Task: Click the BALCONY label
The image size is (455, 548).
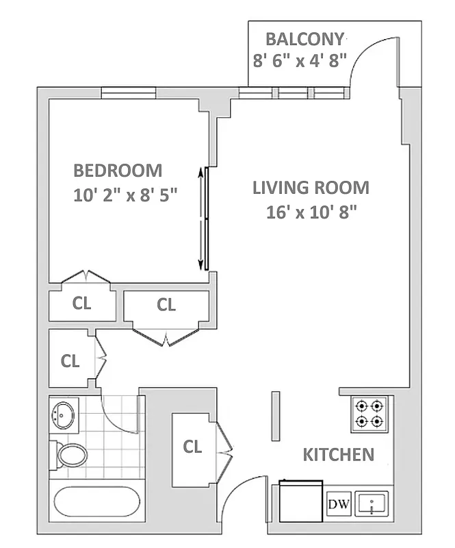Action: (305, 38)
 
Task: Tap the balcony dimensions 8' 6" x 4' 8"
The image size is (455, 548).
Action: (300, 60)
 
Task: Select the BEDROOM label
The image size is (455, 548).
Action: (118, 170)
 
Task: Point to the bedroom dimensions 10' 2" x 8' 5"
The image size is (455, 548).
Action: (125, 195)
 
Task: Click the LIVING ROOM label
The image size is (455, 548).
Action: (311, 187)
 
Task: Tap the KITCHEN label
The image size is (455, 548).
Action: (338, 454)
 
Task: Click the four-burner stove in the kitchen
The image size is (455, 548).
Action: (370, 414)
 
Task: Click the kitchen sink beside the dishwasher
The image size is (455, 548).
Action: (371, 505)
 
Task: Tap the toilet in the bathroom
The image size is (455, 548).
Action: (69, 453)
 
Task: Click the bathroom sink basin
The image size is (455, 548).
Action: (65, 414)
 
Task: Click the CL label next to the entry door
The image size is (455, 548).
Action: (193, 447)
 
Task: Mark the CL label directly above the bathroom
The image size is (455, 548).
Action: (70, 360)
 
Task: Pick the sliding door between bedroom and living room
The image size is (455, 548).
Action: (204, 219)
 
